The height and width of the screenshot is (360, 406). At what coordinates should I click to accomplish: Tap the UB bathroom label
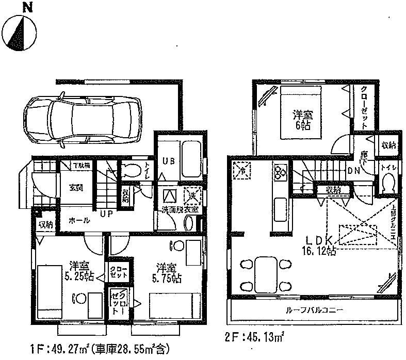[169, 161]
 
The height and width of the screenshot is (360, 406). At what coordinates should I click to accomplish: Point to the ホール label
[79, 220]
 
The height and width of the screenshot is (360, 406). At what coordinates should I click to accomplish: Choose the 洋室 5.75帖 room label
[168, 271]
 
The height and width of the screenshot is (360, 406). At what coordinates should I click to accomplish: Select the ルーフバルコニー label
[313, 310]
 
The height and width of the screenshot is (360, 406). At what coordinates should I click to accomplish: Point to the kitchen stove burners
[282, 174]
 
